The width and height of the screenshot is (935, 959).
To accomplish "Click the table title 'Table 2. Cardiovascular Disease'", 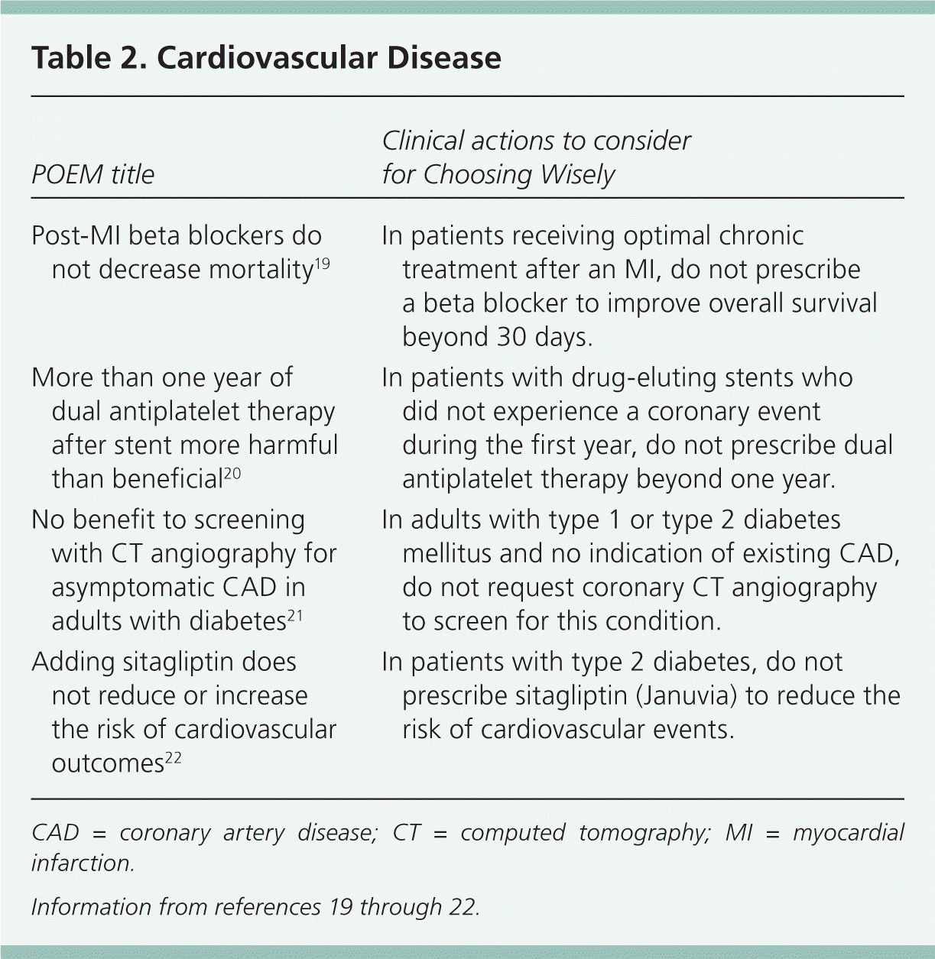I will [266, 58].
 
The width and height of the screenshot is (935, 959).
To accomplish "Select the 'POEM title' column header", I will [93, 175].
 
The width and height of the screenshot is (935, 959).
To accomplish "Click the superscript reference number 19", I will [322, 264].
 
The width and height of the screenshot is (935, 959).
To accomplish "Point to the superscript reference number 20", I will [232, 473].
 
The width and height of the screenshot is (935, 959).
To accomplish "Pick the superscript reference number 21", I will [295, 615].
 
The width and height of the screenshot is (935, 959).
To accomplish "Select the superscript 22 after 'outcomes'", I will [174, 757].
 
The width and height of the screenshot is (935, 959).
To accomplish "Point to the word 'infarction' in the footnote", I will [82, 863].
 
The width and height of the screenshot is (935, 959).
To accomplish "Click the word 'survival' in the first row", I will [835, 303].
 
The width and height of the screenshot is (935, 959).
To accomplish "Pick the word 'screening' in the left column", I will [249, 520].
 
